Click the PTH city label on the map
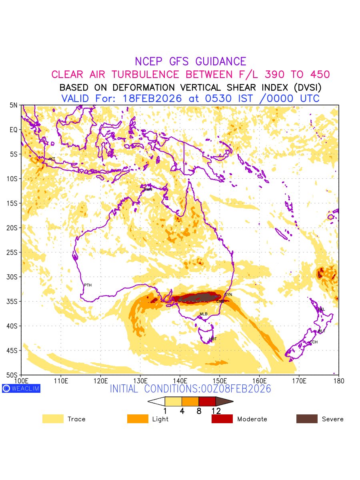point(88,285)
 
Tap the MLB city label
point(204,314)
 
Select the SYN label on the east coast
point(228,295)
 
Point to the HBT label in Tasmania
point(213,339)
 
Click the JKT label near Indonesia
point(52,159)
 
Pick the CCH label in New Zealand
point(314,342)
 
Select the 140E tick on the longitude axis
point(180,380)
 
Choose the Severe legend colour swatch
point(307,419)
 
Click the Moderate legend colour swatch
point(222,419)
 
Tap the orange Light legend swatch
point(138,419)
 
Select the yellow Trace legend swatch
point(53,419)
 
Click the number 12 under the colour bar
point(216,411)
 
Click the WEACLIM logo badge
point(21,388)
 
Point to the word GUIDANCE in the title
point(221,62)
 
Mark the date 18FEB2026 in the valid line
point(152,98)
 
